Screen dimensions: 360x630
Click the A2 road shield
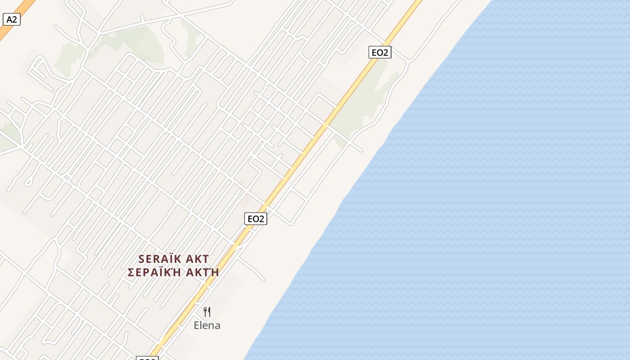click(12, 19)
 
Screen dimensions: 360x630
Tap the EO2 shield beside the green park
click(379, 52)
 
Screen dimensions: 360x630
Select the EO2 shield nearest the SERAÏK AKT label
click(256, 219)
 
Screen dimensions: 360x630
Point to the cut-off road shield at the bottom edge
click(147, 358)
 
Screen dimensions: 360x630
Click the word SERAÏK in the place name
click(160, 259)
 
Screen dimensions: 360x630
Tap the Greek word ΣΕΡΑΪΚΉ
click(153, 273)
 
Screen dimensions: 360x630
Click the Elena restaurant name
click(207, 325)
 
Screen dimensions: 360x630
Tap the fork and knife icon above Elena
click(207, 311)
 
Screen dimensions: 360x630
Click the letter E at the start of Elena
click(197, 325)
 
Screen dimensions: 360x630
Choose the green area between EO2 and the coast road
click(364, 103)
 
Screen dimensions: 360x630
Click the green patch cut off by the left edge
click(7, 137)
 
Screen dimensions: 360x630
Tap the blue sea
click(495, 202)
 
